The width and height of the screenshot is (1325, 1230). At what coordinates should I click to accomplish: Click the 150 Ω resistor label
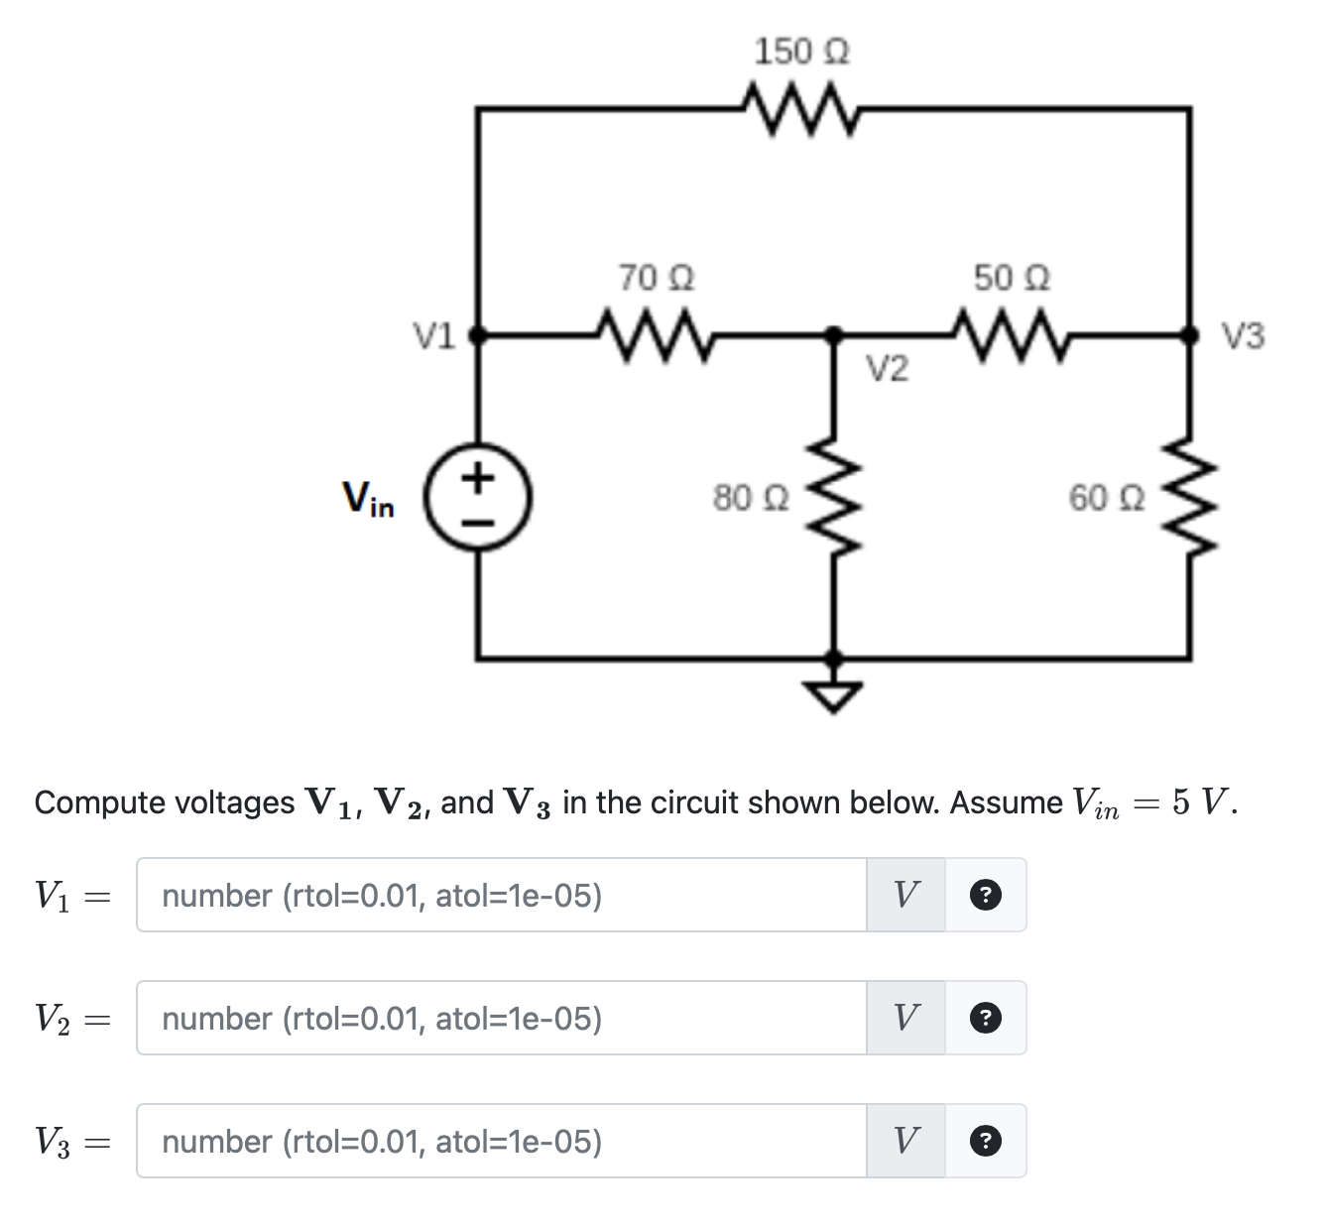pyautogui.click(x=801, y=51)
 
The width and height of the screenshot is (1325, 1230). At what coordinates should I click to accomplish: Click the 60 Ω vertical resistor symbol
pyautogui.click(x=1190, y=495)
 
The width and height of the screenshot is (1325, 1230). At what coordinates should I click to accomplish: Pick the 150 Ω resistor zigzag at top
pyautogui.click(x=801, y=107)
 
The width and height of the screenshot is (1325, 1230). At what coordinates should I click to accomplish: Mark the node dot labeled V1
pyautogui.click(x=477, y=335)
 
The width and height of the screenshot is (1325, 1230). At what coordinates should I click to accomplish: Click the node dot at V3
pyautogui.click(x=1190, y=335)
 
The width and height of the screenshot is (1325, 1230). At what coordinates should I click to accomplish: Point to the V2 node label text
pyautogui.click(x=887, y=370)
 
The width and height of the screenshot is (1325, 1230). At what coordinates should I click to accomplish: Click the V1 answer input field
pyautogui.click(x=501, y=896)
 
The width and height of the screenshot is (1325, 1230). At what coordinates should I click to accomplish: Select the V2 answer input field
pyautogui.click(x=501, y=1019)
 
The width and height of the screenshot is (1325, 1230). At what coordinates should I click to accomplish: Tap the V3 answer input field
pyautogui.click(x=501, y=1142)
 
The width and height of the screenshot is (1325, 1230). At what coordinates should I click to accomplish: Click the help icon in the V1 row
pyautogui.click(x=984, y=896)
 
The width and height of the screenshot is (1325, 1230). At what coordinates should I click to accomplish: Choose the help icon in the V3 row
pyautogui.click(x=984, y=1142)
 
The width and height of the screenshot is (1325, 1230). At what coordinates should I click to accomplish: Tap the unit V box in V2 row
pyautogui.click(x=905, y=1019)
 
